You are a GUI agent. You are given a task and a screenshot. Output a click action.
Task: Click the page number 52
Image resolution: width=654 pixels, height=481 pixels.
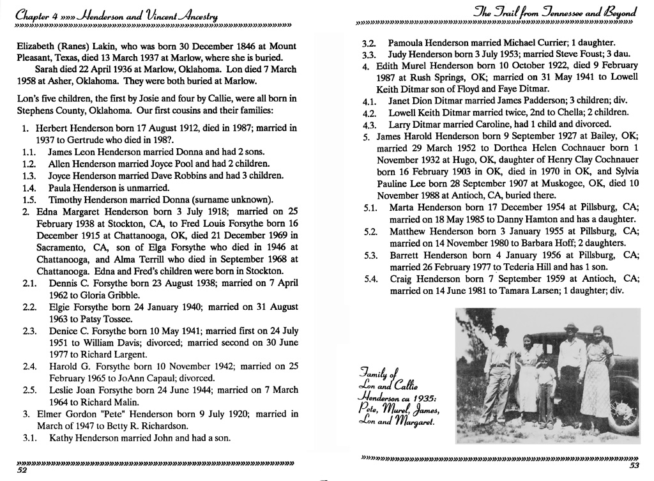[x=22, y=470]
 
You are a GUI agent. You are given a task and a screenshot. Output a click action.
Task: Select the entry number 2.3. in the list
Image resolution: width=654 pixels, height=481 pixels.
[x=29, y=331]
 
